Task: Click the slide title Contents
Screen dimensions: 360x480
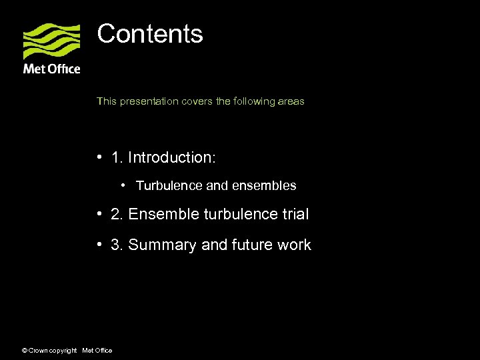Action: point(150,34)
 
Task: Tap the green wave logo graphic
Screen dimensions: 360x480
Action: point(51,41)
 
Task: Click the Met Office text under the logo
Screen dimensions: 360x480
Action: point(51,69)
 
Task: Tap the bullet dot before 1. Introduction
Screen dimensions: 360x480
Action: point(98,157)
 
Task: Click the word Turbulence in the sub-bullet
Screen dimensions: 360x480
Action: point(169,185)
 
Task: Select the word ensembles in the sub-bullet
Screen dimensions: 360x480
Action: point(263,185)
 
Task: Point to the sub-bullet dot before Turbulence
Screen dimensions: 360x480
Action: point(124,185)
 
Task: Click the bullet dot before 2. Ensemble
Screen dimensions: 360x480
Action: point(98,214)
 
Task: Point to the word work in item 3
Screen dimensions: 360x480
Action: point(295,245)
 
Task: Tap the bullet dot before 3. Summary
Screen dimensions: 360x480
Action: point(98,245)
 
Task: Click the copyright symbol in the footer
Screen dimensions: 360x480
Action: point(24,351)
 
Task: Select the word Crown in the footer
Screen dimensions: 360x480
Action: point(37,351)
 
